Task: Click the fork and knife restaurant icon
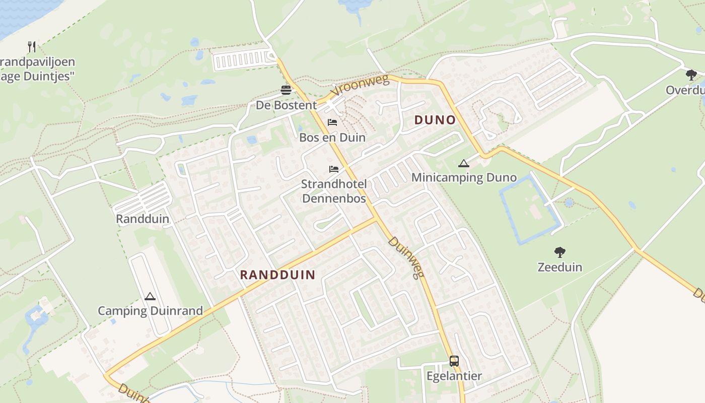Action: (32, 47)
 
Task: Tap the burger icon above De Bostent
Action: (286, 91)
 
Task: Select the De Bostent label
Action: (286, 105)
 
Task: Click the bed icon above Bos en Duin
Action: (332, 122)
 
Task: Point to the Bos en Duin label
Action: (332, 138)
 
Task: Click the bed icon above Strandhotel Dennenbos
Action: (334, 169)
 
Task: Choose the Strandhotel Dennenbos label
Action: (334, 191)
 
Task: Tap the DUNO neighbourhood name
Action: (435, 120)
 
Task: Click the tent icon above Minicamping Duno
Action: (464, 163)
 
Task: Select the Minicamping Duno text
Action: (464, 178)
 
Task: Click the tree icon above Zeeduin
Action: (559, 252)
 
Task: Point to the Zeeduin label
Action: (559, 267)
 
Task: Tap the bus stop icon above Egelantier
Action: (454, 361)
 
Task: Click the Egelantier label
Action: (454, 376)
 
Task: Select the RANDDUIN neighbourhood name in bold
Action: (277, 275)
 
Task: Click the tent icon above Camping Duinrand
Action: (150, 296)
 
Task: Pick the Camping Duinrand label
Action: (150, 311)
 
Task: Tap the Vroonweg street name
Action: (361, 87)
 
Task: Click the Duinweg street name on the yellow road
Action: (406, 257)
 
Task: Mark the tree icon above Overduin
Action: (691, 75)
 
